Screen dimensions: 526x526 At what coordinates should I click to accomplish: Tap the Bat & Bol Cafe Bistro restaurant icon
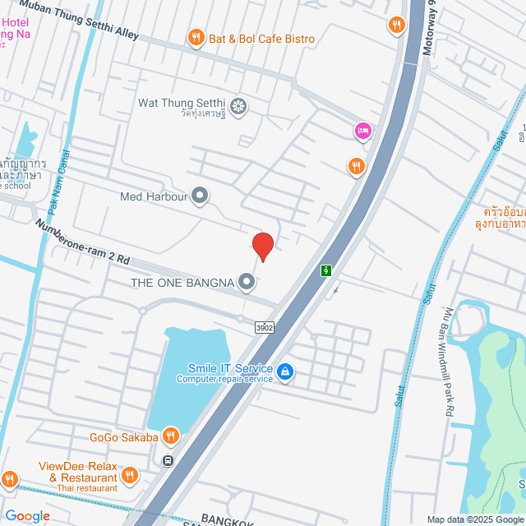[196, 36]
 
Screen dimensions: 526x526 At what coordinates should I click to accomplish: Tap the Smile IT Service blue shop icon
[285, 372]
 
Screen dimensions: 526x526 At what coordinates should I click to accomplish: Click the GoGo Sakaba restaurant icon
[170, 436]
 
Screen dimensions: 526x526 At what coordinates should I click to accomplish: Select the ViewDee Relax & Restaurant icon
[129, 475]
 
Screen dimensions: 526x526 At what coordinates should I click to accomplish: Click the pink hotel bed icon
[362, 130]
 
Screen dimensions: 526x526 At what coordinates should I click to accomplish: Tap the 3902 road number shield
[264, 327]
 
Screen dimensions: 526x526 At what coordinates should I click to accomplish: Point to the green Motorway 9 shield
[326, 270]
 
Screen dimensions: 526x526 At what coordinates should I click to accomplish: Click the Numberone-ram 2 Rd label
[82, 241]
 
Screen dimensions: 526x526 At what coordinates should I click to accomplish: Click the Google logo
[27, 516]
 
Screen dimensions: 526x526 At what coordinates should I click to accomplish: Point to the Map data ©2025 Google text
[474, 519]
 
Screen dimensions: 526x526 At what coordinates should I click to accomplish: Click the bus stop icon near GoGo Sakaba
[168, 460]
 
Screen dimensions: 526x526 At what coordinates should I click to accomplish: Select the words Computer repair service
[224, 379]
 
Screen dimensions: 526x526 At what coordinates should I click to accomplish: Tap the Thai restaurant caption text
[87, 488]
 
